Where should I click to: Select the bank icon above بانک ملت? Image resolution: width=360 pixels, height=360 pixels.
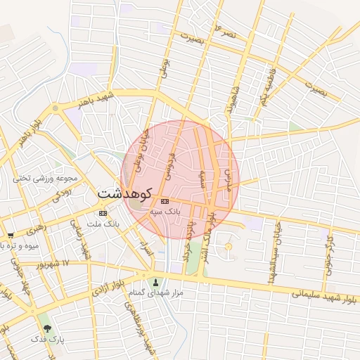(103, 213)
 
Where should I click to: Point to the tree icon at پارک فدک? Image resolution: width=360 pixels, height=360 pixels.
(48, 328)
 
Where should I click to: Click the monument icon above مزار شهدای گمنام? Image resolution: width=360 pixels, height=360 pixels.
(146, 280)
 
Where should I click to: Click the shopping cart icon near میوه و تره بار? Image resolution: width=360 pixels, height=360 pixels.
(10, 236)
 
